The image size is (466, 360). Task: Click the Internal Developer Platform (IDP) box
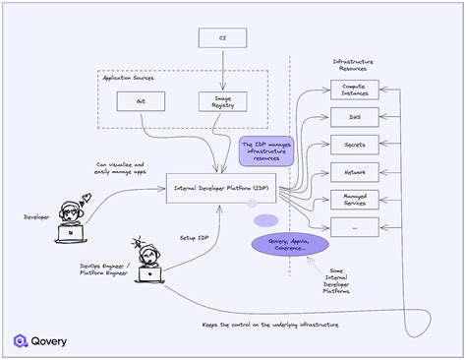(221, 186)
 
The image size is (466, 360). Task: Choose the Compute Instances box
(354, 89)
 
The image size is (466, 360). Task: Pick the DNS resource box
(354, 116)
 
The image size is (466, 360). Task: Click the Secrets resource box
(354, 144)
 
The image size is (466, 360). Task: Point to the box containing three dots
(354, 226)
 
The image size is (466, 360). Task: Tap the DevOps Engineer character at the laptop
(150, 260)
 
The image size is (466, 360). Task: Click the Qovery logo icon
(22, 341)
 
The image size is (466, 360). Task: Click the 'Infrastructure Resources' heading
(354, 65)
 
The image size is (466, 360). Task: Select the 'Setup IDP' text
(195, 237)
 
